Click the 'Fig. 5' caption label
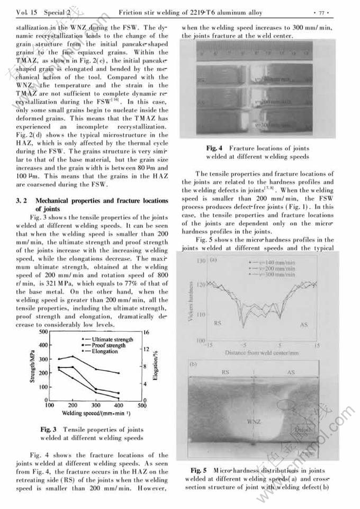tap(199, 470)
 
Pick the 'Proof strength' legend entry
tap(112, 345)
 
